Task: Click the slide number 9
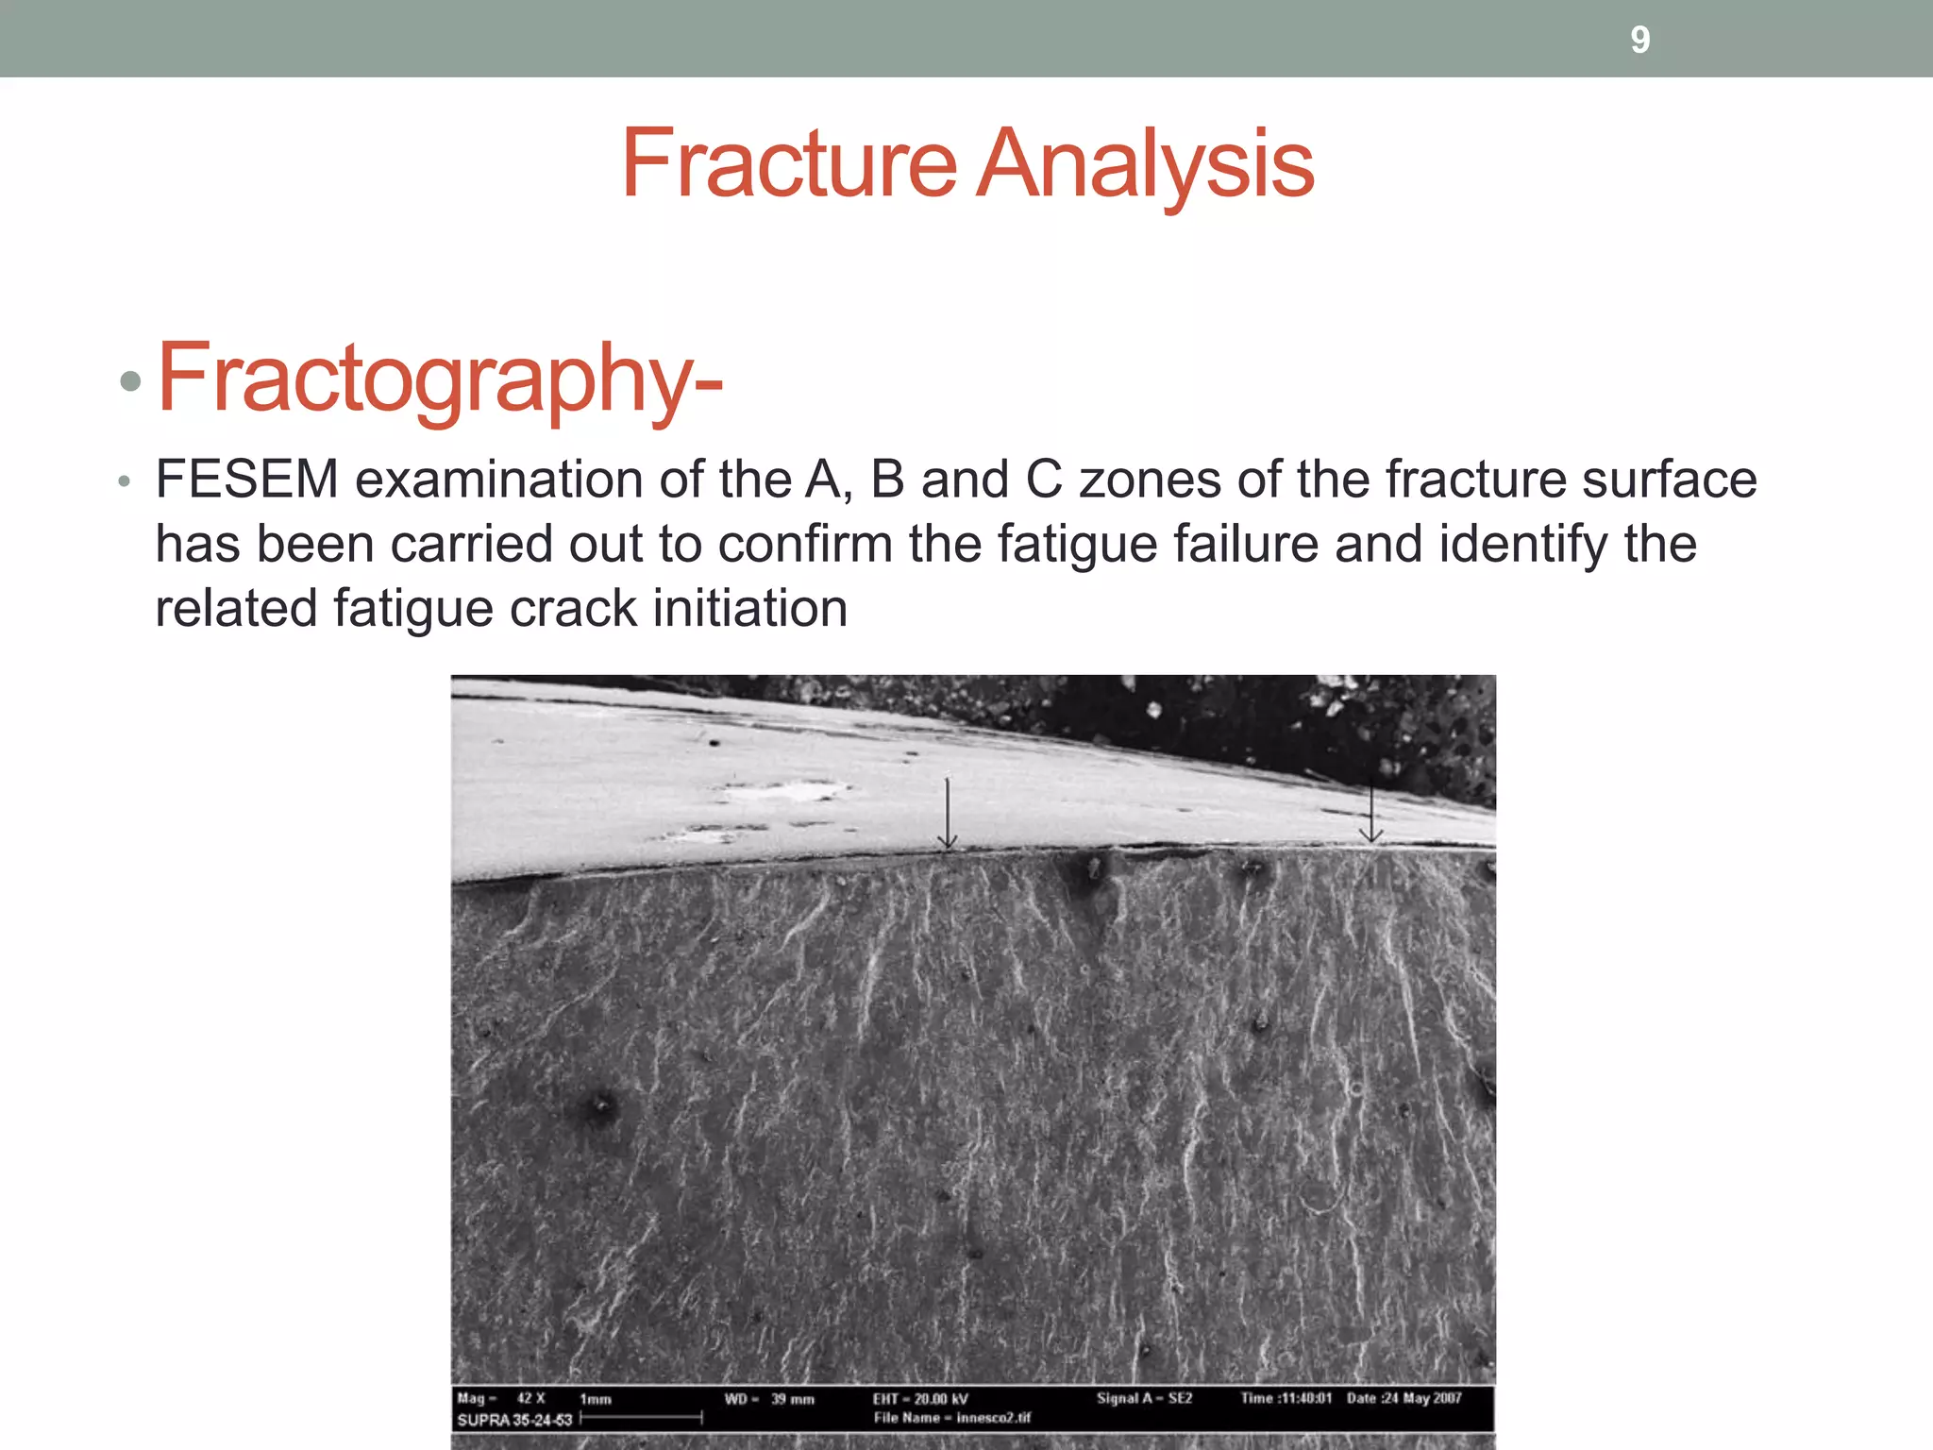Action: point(1640,40)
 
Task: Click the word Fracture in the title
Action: point(789,164)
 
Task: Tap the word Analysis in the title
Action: point(1145,166)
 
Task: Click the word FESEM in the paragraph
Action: point(247,480)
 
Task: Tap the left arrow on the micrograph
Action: point(948,813)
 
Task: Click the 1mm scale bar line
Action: point(642,1417)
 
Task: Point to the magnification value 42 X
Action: point(531,1398)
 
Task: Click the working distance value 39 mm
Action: point(793,1399)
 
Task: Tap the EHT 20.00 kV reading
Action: point(920,1399)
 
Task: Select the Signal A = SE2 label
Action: point(1144,1398)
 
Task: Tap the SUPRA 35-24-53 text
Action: point(514,1420)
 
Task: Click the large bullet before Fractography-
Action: point(130,382)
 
